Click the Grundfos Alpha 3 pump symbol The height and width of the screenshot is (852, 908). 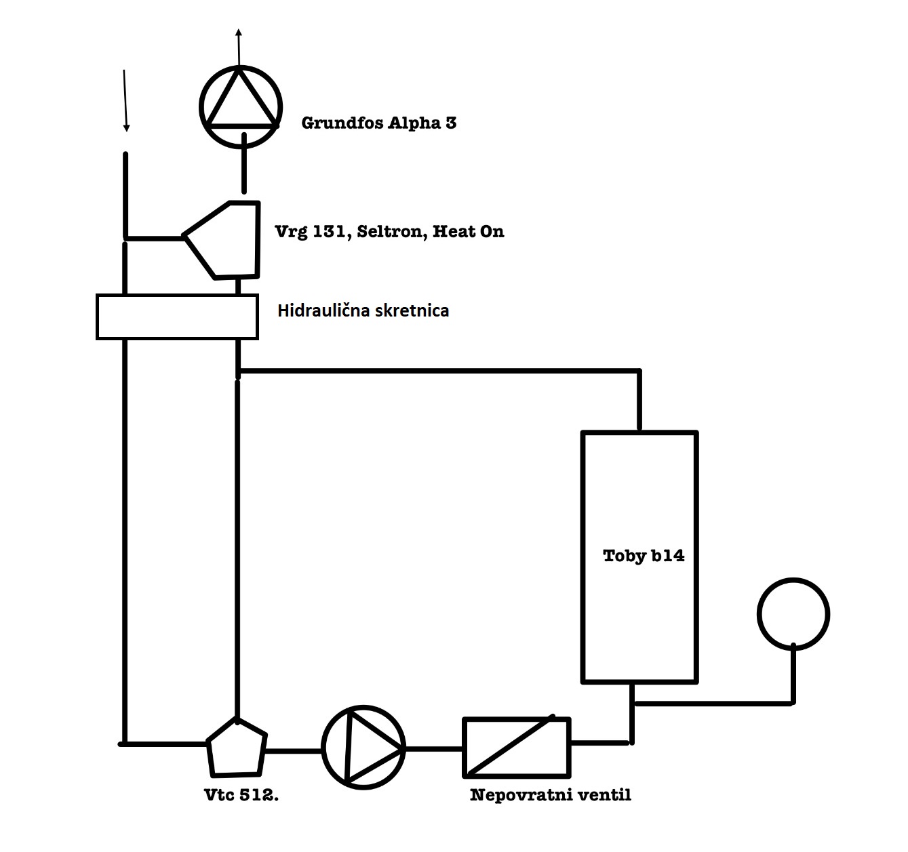(x=240, y=106)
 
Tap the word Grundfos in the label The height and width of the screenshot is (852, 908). (x=342, y=123)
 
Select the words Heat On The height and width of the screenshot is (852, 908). (x=469, y=232)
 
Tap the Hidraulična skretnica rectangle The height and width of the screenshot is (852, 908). (x=177, y=316)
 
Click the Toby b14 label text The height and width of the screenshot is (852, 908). (x=644, y=556)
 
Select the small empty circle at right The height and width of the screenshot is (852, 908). (x=793, y=614)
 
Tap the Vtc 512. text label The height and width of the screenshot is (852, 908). (x=241, y=796)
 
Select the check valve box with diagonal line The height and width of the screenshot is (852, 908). (x=516, y=747)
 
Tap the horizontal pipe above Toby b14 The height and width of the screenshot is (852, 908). (x=441, y=371)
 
